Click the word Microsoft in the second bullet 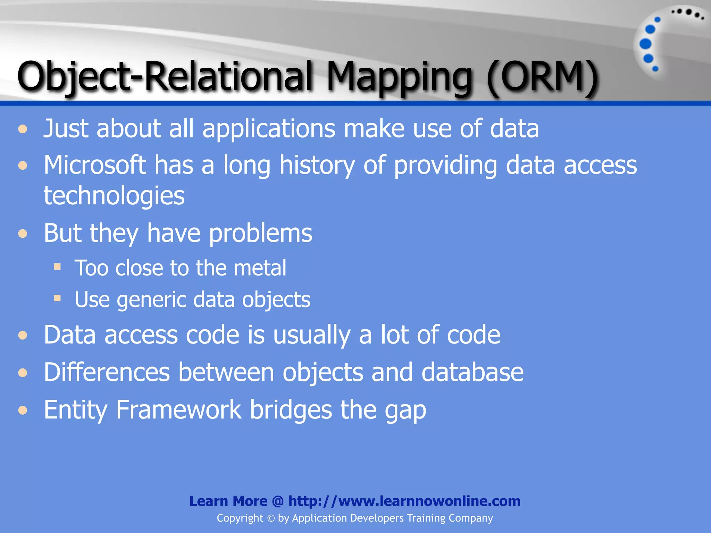click(95, 165)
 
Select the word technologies click(114, 195)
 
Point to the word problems click(260, 233)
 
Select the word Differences click(107, 372)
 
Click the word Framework click(178, 410)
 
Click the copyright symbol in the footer click(271, 518)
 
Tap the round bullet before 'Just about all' click(23, 129)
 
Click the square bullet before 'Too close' click(58, 267)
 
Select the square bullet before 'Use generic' click(58, 298)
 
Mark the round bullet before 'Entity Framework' click(23, 411)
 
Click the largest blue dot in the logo click(645, 44)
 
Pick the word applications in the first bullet click(269, 129)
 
